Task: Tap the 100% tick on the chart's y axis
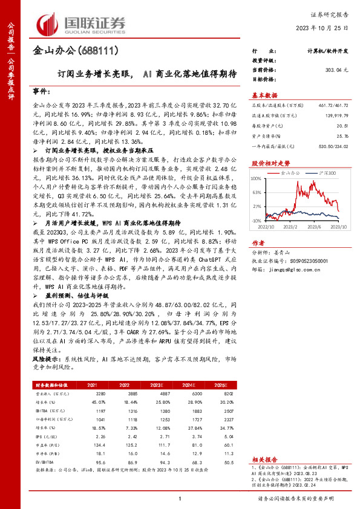click(257, 178)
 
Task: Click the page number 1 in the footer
click(180, 498)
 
